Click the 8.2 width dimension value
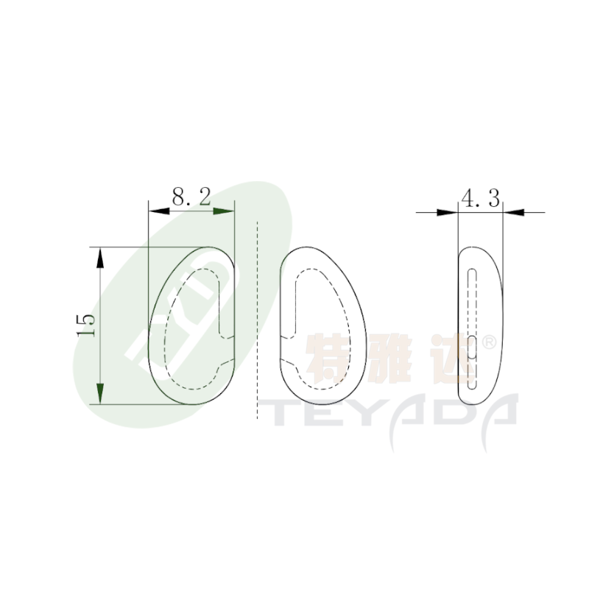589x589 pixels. coord(191,196)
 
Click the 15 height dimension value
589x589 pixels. coord(86,325)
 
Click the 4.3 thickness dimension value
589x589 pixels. coord(481,198)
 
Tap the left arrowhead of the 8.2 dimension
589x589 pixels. coord(158,211)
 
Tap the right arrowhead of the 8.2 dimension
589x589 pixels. coord(224,211)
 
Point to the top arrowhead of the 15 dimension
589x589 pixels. coord(100,258)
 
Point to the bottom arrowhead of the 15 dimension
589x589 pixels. coord(100,394)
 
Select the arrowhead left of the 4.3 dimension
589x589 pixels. coord(448,213)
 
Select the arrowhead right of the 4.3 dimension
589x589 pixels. coord(513,213)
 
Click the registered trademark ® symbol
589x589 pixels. coord(489,342)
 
